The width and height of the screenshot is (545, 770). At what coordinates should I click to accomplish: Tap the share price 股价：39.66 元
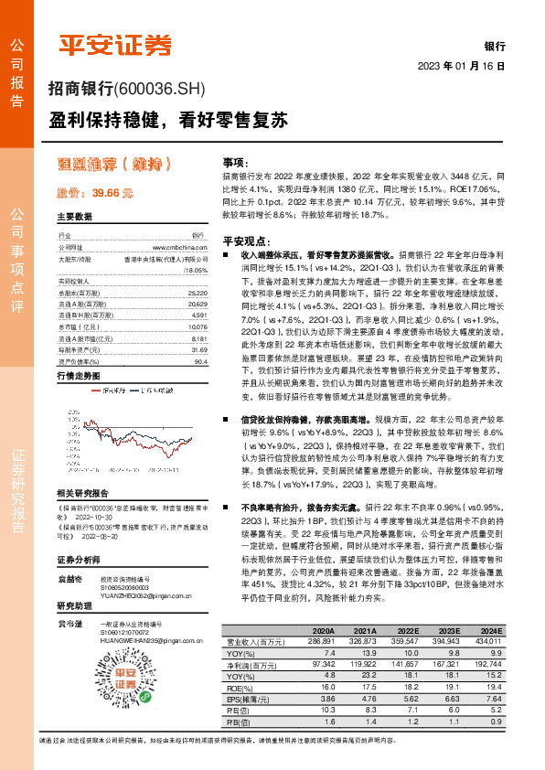tap(95, 193)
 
